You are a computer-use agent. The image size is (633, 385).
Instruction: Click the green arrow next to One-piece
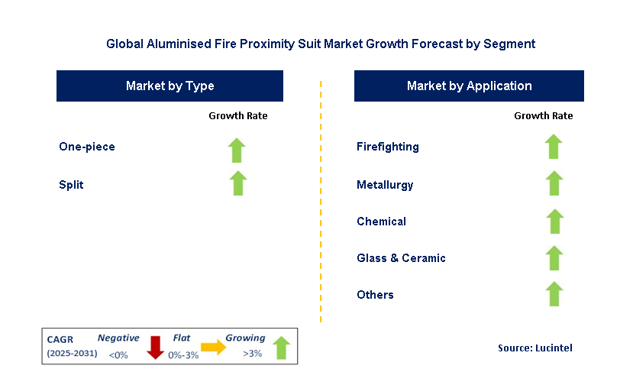point(237,150)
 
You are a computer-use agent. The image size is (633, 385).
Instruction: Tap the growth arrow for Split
point(238,183)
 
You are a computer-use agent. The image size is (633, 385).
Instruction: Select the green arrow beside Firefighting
point(554,147)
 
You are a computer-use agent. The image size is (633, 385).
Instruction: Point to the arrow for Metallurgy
point(554,183)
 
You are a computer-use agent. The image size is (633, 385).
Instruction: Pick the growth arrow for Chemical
point(555,222)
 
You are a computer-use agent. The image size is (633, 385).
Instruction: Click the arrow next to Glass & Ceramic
point(554,257)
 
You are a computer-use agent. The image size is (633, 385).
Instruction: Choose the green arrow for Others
point(554,293)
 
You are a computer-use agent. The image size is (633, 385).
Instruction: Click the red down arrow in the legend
point(155,348)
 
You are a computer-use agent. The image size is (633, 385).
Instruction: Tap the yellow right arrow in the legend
point(214,347)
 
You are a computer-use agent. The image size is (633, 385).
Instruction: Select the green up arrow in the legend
point(282,348)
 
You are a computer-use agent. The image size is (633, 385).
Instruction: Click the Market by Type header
point(170,86)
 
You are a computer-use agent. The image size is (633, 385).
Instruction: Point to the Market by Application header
point(469,86)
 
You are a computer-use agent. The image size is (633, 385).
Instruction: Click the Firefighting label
point(388,147)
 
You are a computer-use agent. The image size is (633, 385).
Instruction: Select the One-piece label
point(87,147)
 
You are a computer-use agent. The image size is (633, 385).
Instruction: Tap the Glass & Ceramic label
point(402,257)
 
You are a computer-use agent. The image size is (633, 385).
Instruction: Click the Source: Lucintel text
point(535,348)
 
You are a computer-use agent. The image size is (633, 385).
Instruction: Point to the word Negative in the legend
point(118,338)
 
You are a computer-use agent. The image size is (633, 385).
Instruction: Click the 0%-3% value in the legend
point(183,355)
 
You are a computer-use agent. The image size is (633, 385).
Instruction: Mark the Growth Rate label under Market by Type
point(238,116)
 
